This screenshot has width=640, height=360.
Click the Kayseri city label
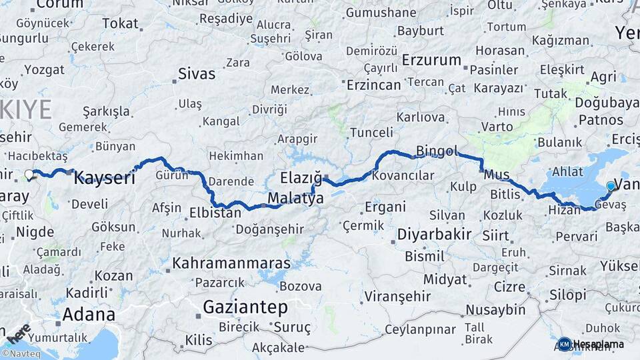(x=104, y=178)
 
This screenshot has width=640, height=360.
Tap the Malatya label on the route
(x=295, y=199)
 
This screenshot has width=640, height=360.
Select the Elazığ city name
(x=301, y=178)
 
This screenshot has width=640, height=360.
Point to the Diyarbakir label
(x=434, y=235)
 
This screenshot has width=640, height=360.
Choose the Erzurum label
(x=431, y=60)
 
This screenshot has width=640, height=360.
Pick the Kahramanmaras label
(x=231, y=263)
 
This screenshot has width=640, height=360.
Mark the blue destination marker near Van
(x=610, y=186)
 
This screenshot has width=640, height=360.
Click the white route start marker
(x=29, y=175)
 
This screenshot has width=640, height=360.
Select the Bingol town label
(x=437, y=151)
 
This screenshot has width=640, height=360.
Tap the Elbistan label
(x=215, y=214)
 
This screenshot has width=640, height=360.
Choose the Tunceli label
(x=371, y=132)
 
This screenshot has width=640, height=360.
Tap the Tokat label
(x=120, y=24)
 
